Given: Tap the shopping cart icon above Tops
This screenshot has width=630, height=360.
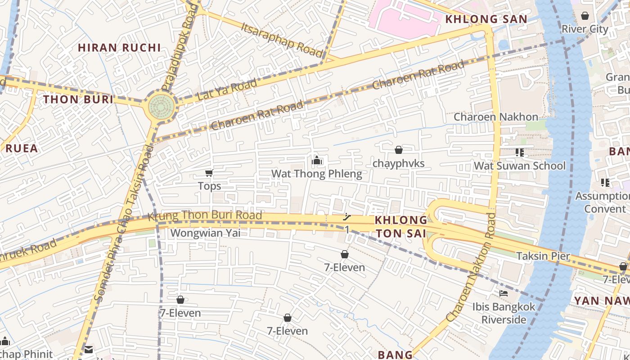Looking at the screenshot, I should tap(209, 173).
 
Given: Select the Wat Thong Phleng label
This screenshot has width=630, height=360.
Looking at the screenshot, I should tap(316, 174).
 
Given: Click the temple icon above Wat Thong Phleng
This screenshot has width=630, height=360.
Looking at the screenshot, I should tap(316, 160).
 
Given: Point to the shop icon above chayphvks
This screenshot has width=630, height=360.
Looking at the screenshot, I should tap(398, 150).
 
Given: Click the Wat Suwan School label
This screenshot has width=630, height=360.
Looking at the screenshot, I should tap(519, 166).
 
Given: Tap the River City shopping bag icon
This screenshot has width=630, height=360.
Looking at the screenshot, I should tap(585, 16).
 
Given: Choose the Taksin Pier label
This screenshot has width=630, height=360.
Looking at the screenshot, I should tap(543, 256).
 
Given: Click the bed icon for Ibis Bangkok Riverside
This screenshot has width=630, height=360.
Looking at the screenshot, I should tap(504, 293).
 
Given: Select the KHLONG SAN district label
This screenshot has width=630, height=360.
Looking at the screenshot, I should tap(486, 19).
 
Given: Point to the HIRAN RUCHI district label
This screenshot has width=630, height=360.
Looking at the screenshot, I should tap(119, 47).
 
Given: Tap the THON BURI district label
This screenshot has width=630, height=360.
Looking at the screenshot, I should tap(78, 99).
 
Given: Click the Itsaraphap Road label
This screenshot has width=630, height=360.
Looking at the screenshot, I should tap(282, 39).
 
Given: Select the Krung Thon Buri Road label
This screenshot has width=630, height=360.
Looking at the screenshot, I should tap(205, 216).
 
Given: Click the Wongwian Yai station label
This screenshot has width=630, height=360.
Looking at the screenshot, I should tap(205, 233).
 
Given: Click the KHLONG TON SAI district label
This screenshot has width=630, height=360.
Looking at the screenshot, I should tap(401, 226).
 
